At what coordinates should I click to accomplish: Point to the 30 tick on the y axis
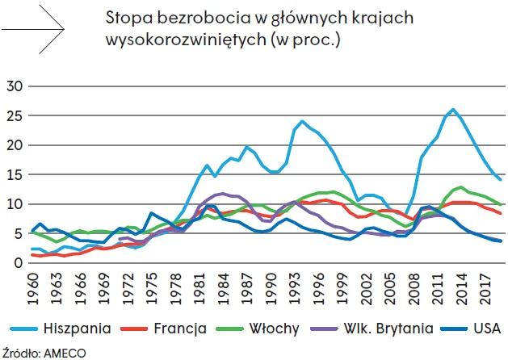tap(17, 86)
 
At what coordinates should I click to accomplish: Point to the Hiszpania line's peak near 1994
tap(302, 121)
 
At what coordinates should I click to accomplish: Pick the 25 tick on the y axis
tap(17, 115)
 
